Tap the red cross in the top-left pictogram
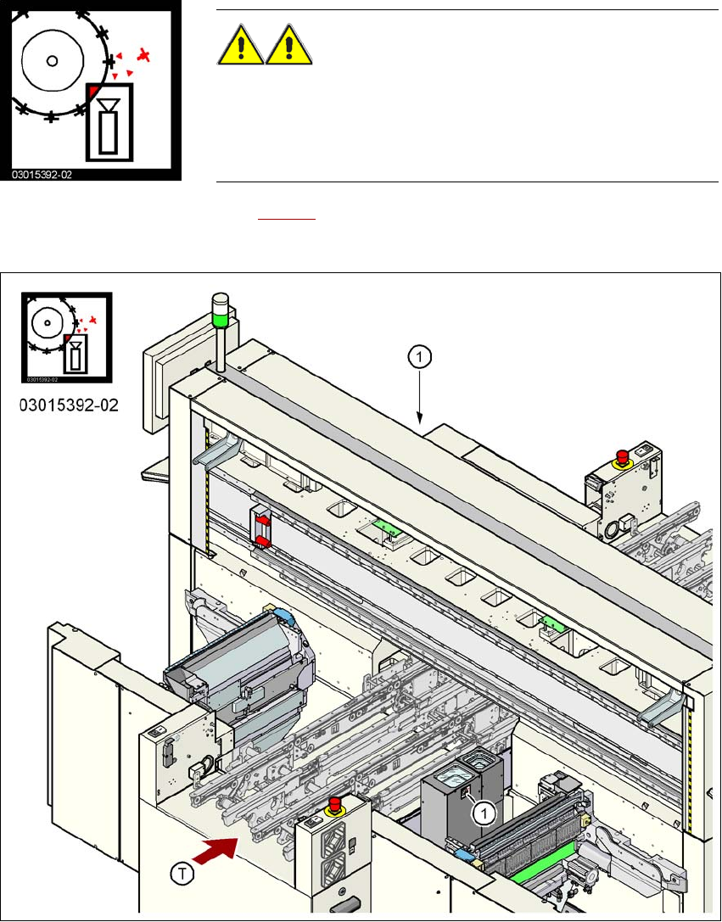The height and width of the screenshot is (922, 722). pos(146,56)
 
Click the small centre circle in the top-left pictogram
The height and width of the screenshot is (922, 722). pos(52,60)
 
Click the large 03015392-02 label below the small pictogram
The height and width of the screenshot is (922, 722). pos(68,405)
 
